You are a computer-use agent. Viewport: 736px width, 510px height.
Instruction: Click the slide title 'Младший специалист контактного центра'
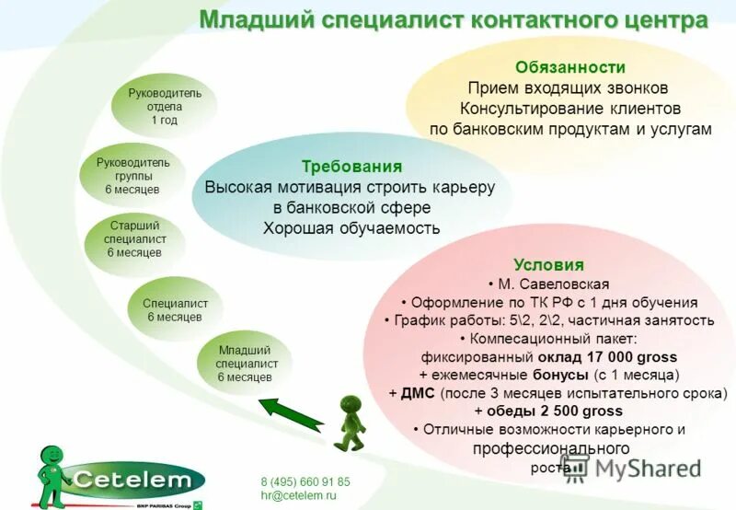tap(454, 20)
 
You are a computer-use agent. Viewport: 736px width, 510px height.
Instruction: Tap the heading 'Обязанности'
tap(569, 67)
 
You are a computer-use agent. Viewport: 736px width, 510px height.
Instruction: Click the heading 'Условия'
tap(548, 265)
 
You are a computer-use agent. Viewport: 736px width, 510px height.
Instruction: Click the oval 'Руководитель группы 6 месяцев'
tap(132, 175)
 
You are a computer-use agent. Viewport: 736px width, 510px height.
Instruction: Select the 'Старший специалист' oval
tap(134, 238)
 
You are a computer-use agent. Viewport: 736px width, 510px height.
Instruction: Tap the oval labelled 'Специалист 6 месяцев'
tap(175, 310)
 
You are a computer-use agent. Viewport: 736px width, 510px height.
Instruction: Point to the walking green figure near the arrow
tap(351, 423)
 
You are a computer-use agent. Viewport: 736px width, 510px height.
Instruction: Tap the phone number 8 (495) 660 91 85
tap(305, 481)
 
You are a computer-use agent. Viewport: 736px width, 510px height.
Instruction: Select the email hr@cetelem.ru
tap(298, 495)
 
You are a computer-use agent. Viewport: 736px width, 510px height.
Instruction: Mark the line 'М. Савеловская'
tap(548, 284)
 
